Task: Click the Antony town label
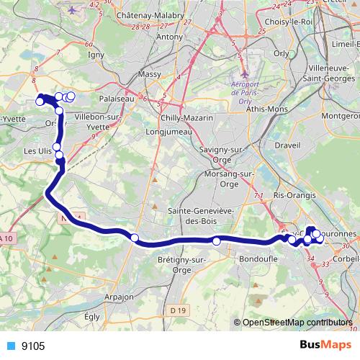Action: coord(170,36)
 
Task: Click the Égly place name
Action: coord(92,315)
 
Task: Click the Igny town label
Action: coord(95,53)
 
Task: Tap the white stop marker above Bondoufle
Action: coord(216,240)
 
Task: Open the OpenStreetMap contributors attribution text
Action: coord(297,323)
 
